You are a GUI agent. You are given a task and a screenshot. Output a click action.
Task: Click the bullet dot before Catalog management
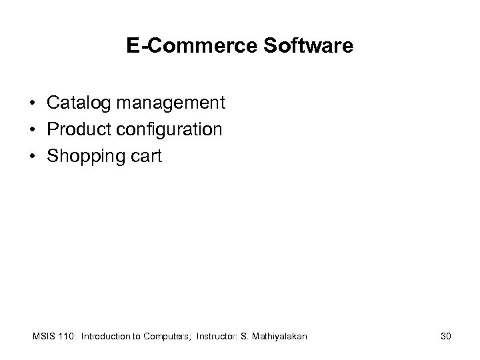click(32, 104)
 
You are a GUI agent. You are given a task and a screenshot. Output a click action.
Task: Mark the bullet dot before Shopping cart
click(32, 156)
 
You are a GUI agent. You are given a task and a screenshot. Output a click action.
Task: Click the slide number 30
click(445, 337)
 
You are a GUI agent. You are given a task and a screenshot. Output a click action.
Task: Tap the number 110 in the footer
click(65, 337)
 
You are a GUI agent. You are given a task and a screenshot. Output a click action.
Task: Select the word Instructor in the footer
click(220, 337)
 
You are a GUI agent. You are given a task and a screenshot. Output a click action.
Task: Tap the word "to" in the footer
click(137, 337)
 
